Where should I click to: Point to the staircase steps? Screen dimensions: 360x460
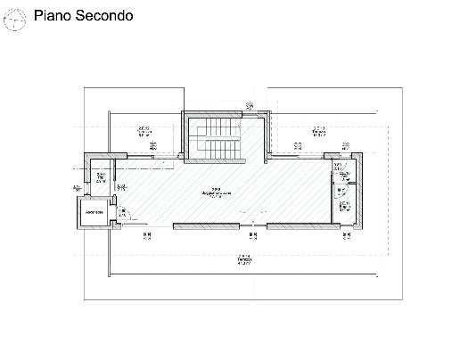tap(214, 144)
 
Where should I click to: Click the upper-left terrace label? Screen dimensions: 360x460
tap(144, 133)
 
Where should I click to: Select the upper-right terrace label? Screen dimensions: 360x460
tap(317, 133)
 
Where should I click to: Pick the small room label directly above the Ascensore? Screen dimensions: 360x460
tap(101, 178)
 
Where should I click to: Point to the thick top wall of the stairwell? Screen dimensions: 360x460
tap(214, 113)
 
